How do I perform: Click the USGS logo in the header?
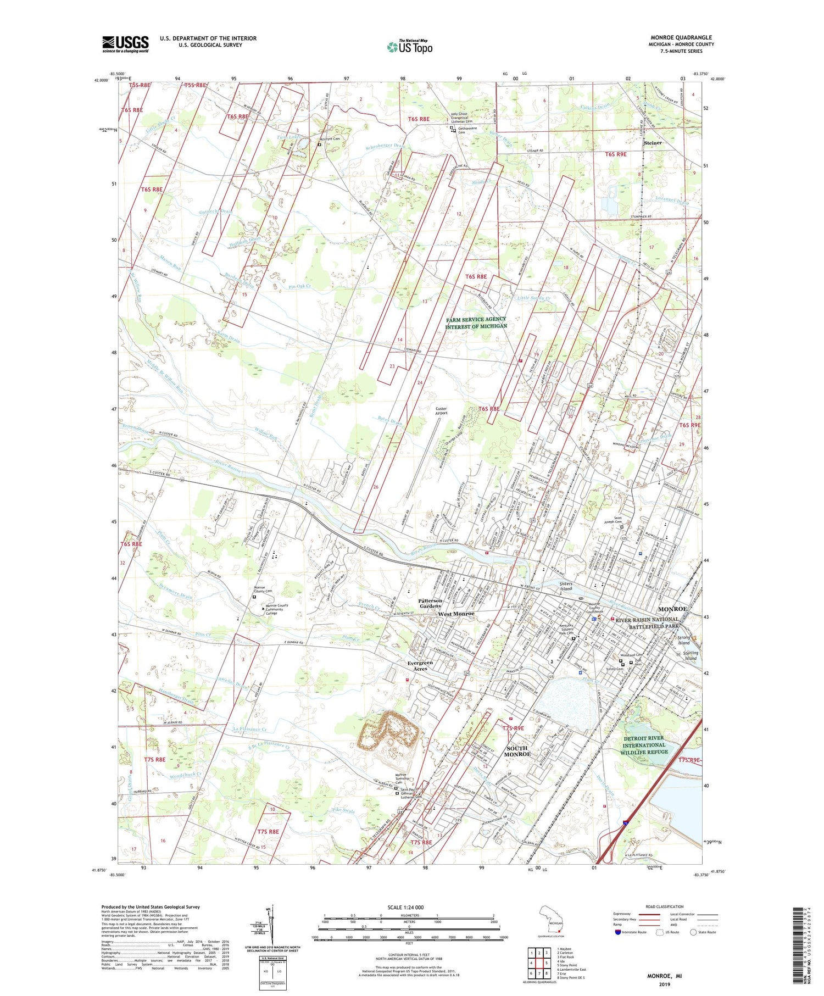click(x=125, y=44)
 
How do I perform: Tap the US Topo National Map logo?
click(x=409, y=47)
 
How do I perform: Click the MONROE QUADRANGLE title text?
click(x=681, y=37)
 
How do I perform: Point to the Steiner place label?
click(x=653, y=143)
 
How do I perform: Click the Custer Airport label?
click(x=441, y=410)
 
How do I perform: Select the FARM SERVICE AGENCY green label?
click(x=476, y=322)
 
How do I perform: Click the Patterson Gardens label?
click(x=430, y=603)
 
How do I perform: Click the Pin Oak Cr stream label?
click(x=299, y=287)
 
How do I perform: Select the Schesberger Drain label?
click(x=385, y=146)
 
